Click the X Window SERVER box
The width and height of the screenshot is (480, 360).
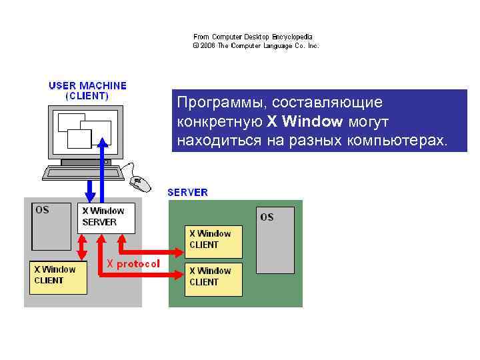click(106, 217)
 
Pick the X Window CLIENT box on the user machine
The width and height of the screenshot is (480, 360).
click(58, 277)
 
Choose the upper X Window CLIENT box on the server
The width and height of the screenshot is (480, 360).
click(213, 239)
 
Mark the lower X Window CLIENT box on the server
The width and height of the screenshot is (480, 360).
click(213, 277)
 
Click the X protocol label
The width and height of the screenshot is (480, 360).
click(133, 263)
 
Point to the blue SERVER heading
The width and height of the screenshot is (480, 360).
click(187, 192)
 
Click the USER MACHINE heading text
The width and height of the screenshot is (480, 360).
click(87, 85)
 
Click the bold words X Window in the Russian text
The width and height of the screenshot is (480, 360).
click(305, 122)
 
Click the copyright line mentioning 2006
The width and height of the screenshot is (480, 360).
click(255, 46)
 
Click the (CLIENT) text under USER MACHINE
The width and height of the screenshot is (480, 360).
click(87, 95)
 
